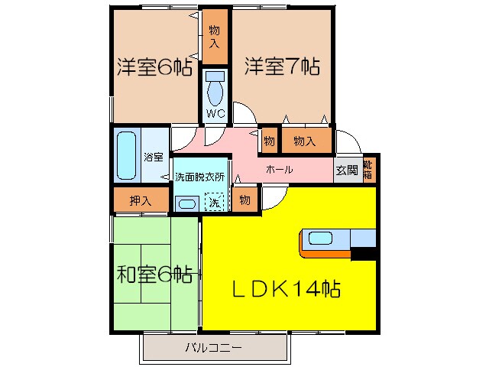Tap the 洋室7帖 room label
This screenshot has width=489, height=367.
pyautogui.click(x=282, y=67)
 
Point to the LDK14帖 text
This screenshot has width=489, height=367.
pyautogui.click(x=287, y=289)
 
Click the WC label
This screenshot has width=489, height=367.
pyautogui.click(x=215, y=114)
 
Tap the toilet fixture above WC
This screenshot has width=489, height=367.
pyautogui.click(x=215, y=88)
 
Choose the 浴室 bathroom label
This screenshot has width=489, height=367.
pyautogui.click(x=154, y=158)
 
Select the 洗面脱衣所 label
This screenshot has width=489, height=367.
pyautogui.click(x=199, y=177)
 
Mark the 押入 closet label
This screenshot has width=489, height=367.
pyautogui.click(x=139, y=201)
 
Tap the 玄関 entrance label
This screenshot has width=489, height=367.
pyautogui.click(x=345, y=171)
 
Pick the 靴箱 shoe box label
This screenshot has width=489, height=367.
pyautogui.click(x=368, y=170)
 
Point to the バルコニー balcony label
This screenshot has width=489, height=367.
pyautogui.click(x=213, y=348)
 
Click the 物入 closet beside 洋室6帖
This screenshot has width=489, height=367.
pyautogui.click(x=215, y=37)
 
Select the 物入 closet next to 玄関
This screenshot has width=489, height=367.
pyautogui.click(x=305, y=141)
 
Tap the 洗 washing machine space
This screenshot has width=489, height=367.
pyautogui.click(x=215, y=203)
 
